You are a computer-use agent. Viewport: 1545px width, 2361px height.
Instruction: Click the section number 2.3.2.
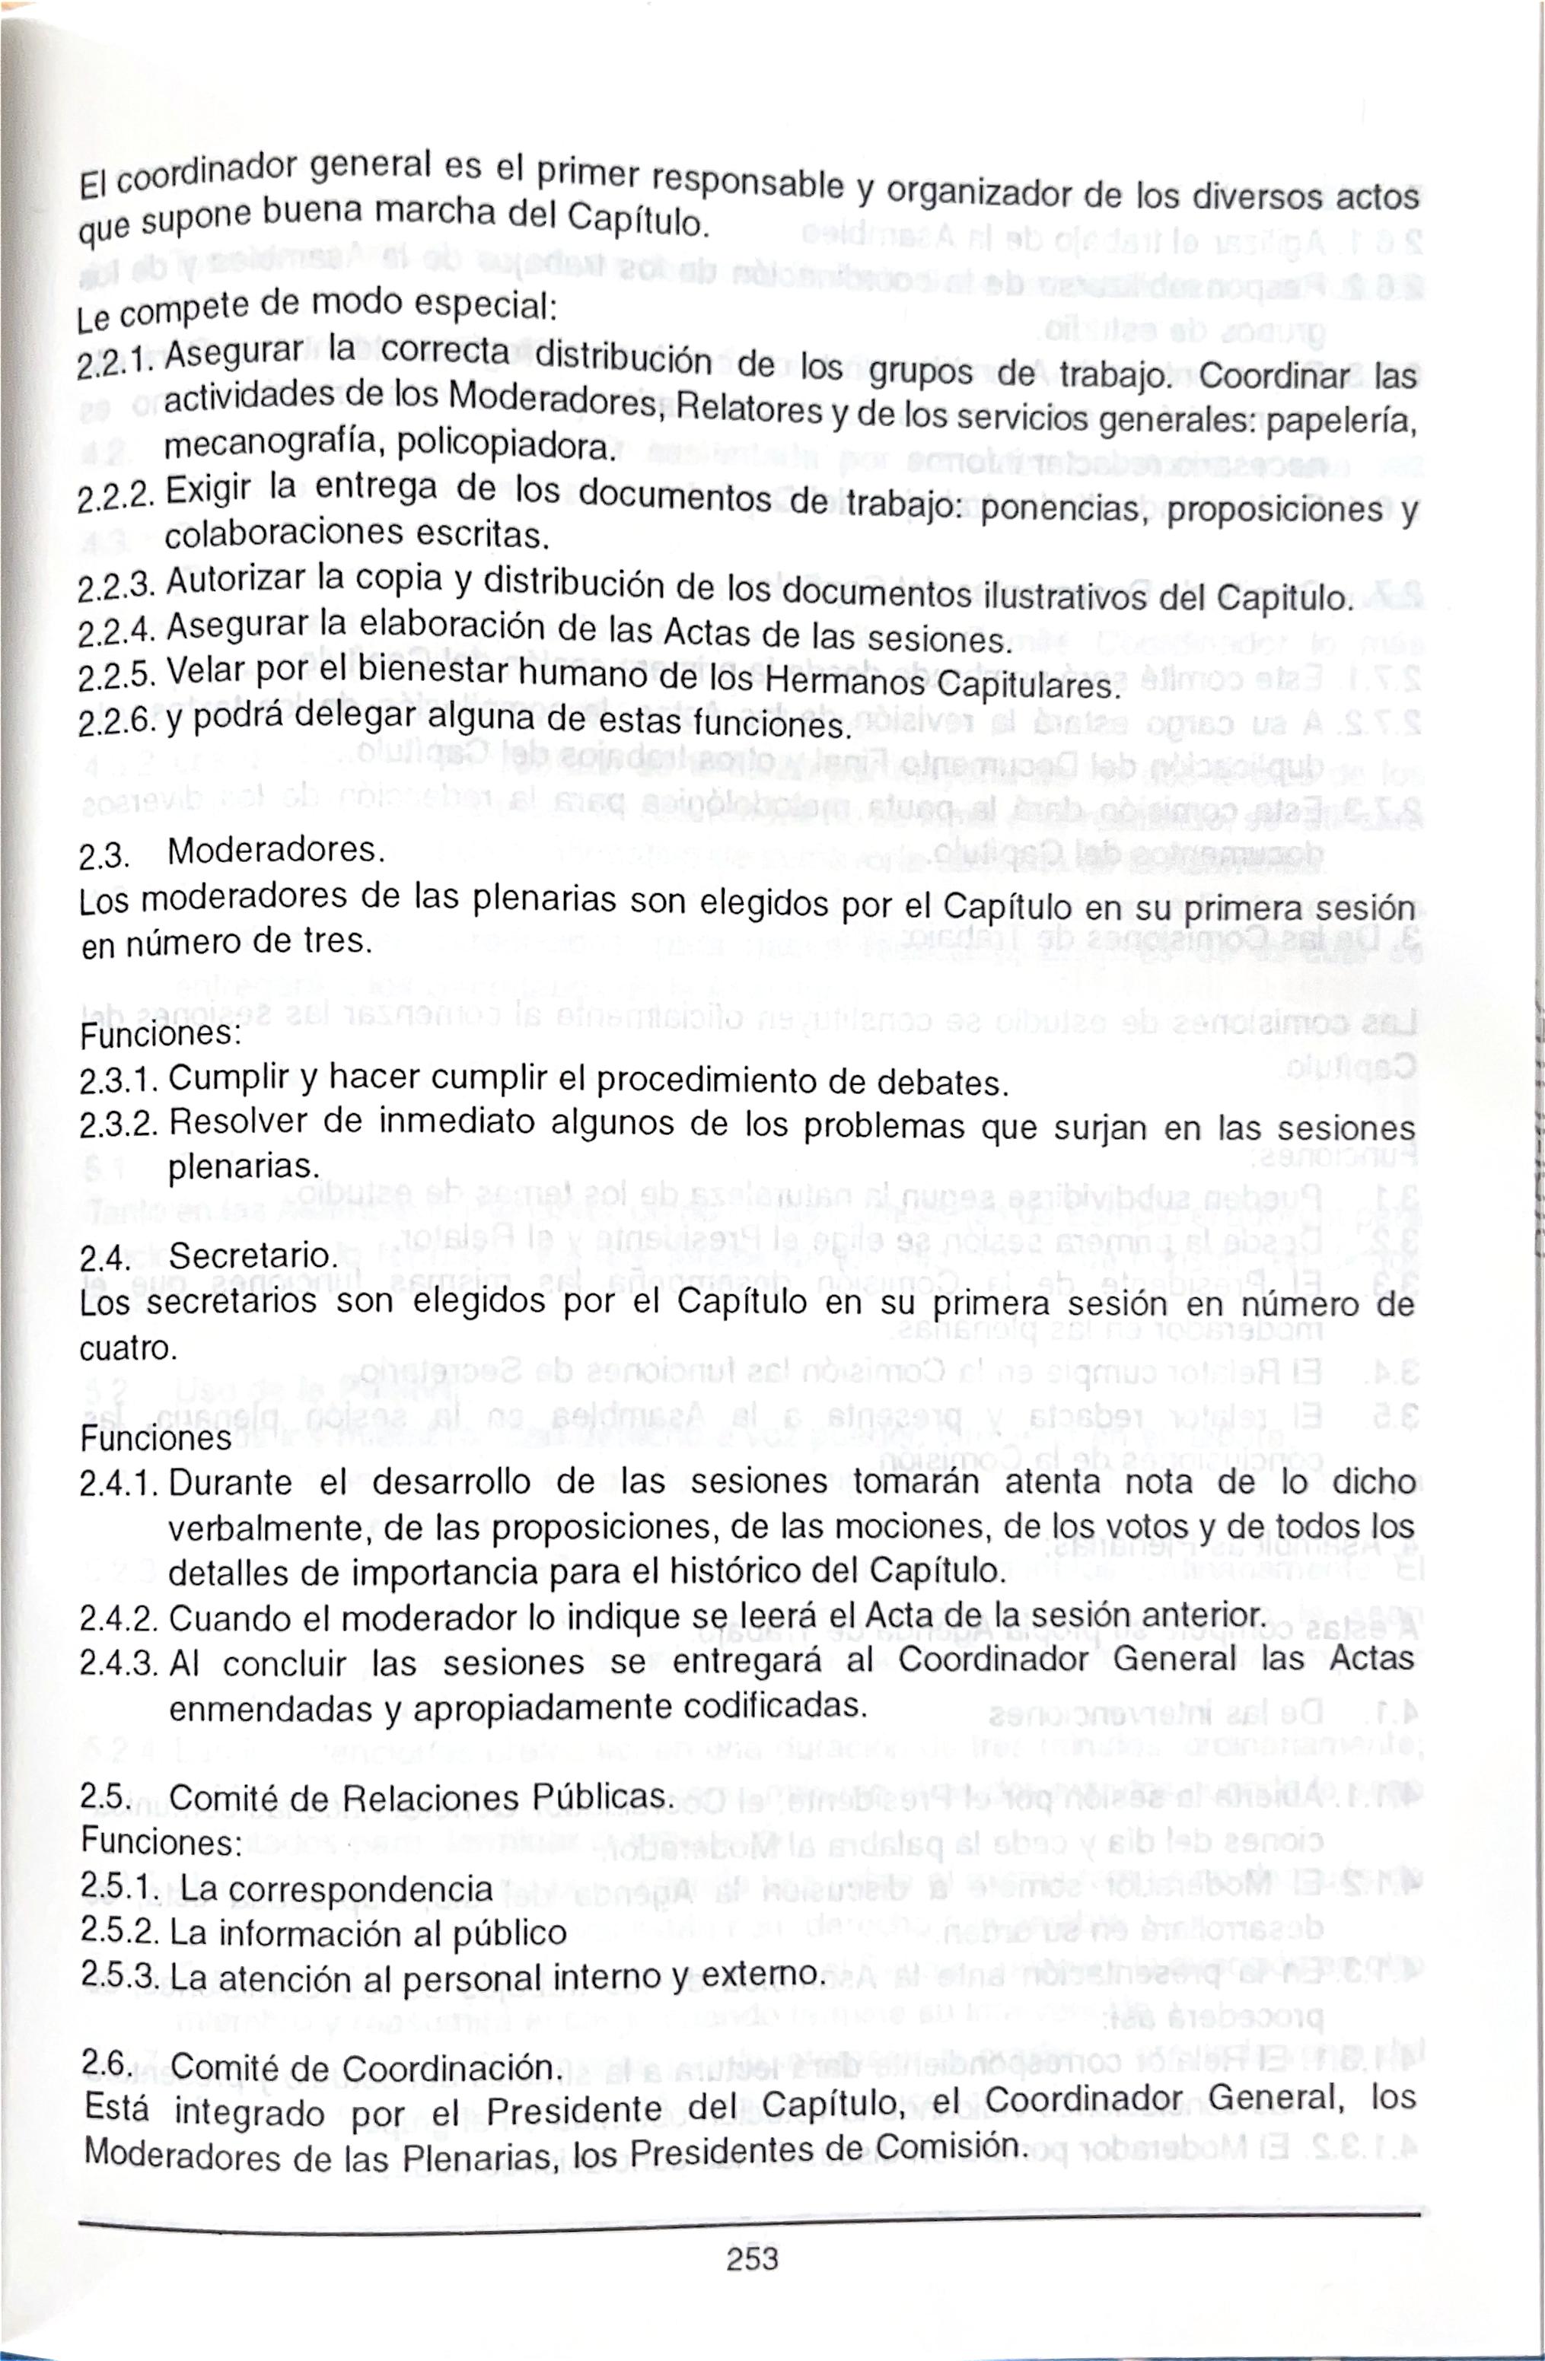(118, 1124)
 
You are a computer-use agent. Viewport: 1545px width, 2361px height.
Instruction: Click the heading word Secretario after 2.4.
(254, 1257)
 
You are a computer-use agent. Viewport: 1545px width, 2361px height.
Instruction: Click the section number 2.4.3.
(118, 1663)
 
